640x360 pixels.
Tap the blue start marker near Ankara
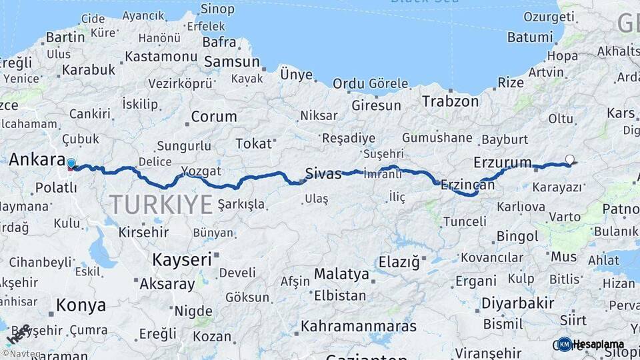(71, 163)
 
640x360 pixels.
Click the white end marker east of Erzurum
(569, 159)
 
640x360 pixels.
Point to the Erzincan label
(468, 185)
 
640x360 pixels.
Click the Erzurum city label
(503, 162)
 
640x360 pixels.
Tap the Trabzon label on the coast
(451, 101)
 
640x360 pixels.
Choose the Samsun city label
(232, 62)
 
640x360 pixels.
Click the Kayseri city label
(182, 259)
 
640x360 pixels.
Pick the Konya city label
(81, 305)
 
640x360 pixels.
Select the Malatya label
(341, 274)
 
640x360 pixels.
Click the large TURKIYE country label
(161, 204)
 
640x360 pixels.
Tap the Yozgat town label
(201, 171)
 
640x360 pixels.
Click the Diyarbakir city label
(518, 303)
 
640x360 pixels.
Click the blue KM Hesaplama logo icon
(565, 344)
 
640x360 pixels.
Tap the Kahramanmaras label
(359, 327)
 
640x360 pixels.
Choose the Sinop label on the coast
(217, 9)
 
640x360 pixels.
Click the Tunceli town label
(465, 221)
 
